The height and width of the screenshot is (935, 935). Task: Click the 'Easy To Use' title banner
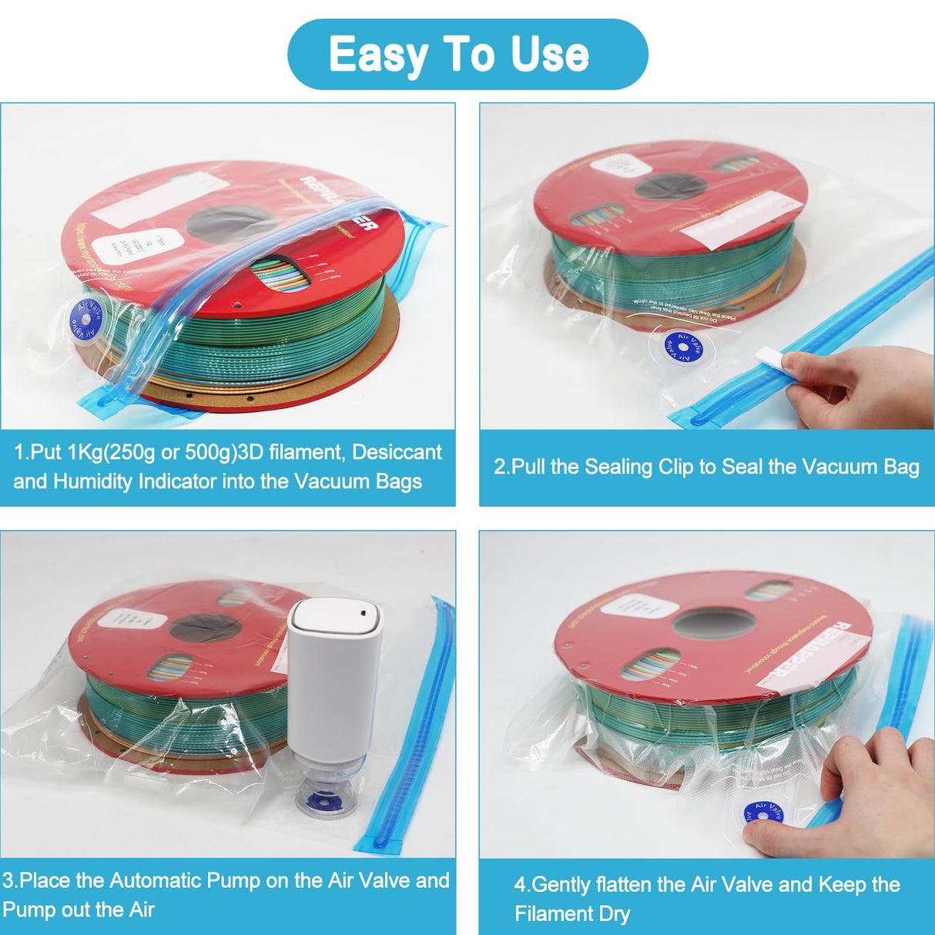coord(467,54)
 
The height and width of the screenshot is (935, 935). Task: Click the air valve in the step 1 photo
coord(85,318)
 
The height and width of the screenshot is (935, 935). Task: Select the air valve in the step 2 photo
coord(683,347)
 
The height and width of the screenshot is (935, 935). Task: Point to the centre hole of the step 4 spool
coord(712,622)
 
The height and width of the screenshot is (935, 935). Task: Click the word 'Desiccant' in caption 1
coord(397,452)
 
